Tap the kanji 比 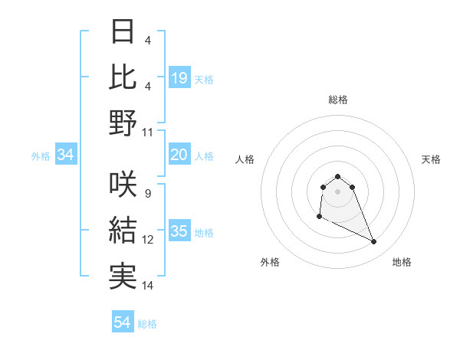[x=123, y=77]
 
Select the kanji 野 [x=123, y=123]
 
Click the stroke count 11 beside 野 [x=148, y=132]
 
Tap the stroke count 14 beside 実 [x=148, y=286]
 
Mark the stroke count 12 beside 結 [x=148, y=240]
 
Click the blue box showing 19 [x=179, y=77]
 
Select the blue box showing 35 [x=179, y=231]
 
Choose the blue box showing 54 [x=122, y=322]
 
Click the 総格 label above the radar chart [x=337, y=100]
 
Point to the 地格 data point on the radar [x=374, y=242]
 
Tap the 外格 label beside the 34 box [x=41, y=156]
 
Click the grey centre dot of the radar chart [x=337, y=191]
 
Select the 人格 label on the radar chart [x=245, y=159]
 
